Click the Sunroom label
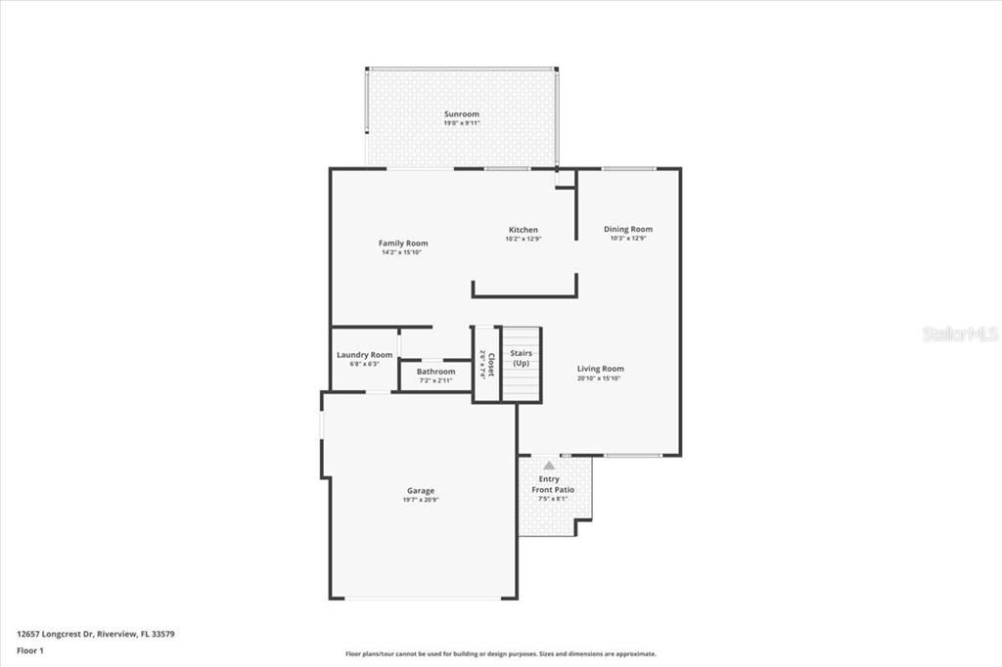tap(461, 114)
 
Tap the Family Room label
tap(403, 244)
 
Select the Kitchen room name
tap(523, 230)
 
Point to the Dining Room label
tap(627, 229)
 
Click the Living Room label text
tap(600, 369)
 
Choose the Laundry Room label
tap(364, 355)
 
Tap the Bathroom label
tap(435, 372)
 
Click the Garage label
tap(421, 491)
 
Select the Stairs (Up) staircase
tap(521, 363)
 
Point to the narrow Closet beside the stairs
tap(486, 364)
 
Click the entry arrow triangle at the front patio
tap(548, 466)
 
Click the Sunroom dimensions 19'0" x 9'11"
tap(461, 123)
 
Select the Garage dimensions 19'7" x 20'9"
tap(421, 500)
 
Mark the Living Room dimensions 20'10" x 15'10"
tap(600, 378)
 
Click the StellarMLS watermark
tap(959, 333)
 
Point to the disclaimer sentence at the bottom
tap(500, 654)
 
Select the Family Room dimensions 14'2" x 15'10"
tap(403, 252)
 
